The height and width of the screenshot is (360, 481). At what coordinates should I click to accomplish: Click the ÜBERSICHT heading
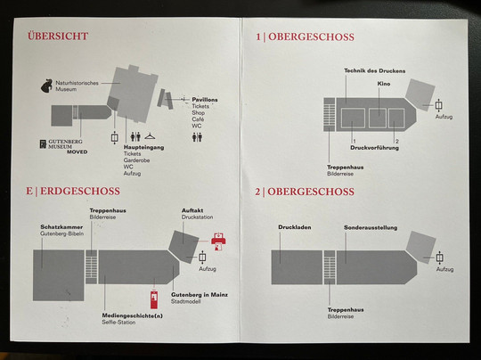tap(58, 36)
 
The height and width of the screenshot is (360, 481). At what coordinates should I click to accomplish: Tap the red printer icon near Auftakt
tap(218, 241)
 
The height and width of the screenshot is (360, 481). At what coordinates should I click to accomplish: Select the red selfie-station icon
tap(154, 299)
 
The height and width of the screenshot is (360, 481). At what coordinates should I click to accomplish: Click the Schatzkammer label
tap(61, 227)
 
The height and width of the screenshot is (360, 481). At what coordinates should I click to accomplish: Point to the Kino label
tap(383, 84)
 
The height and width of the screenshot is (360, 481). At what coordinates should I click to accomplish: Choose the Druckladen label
tap(295, 227)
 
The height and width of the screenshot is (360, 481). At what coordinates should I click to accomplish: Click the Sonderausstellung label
tap(371, 227)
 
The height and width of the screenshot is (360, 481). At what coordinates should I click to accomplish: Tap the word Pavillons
tap(205, 100)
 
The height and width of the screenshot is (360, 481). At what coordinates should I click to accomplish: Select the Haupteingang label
tap(144, 147)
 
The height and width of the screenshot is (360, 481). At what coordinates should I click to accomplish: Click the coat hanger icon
tap(150, 135)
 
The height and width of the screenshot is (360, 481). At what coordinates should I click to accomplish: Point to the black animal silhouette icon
tap(46, 86)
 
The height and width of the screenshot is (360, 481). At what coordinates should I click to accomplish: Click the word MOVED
tap(77, 151)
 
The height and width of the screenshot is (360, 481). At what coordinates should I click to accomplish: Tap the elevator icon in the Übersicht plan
tap(114, 137)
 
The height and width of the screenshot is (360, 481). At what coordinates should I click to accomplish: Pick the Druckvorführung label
tap(374, 148)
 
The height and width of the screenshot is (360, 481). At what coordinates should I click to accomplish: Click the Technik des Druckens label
tap(374, 70)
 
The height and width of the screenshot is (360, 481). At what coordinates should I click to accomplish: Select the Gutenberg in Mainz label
tap(200, 295)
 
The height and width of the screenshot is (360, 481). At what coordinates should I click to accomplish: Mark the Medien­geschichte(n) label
tap(132, 315)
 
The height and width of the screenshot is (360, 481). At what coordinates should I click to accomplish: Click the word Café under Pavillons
tap(198, 119)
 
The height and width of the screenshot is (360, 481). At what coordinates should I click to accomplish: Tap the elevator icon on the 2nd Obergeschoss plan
tap(440, 258)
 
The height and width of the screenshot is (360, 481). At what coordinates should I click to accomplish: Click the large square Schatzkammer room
tap(58, 275)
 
